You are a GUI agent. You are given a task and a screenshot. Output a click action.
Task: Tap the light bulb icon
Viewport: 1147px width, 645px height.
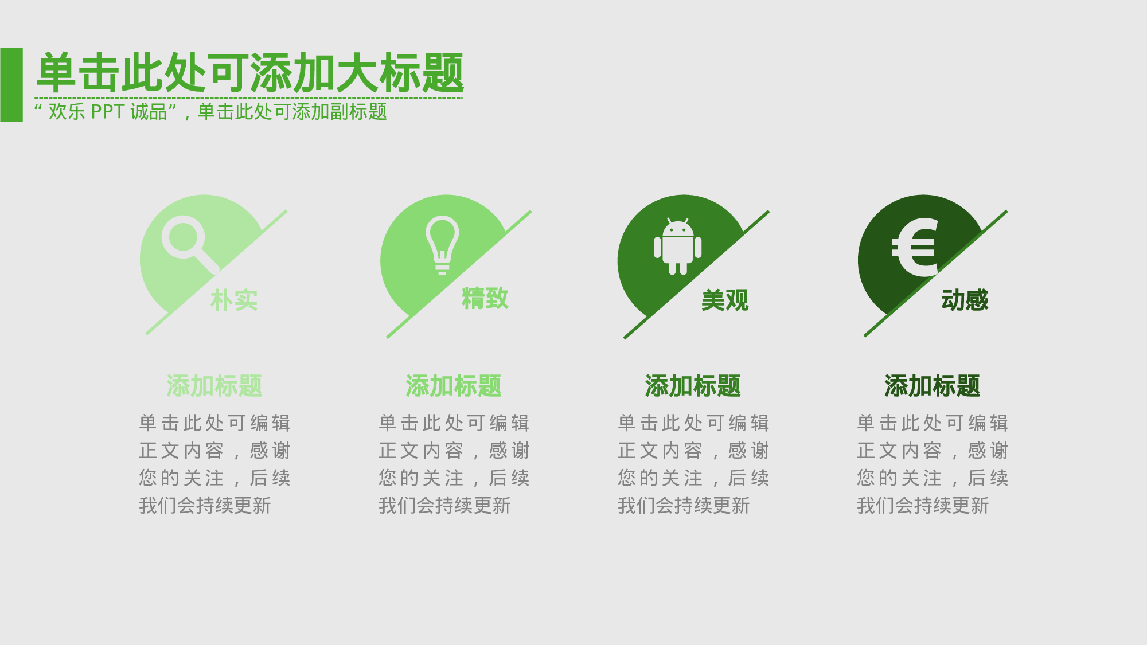[x=442, y=244]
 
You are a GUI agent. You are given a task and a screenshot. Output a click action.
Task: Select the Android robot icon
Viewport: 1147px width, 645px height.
[x=678, y=247]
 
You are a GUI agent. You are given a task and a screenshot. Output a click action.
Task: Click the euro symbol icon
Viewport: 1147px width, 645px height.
[x=915, y=247]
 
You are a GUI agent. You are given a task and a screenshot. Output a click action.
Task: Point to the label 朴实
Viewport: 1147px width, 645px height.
[x=234, y=300]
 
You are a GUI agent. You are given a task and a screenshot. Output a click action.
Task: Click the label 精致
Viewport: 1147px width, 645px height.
[x=485, y=299]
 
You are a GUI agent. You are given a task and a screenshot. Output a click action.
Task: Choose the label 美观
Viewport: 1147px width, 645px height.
[x=725, y=300]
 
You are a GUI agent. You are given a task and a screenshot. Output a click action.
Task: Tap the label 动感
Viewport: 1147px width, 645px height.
[x=965, y=300]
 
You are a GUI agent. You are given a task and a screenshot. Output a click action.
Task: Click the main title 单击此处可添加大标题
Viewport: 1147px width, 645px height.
[x=249, y=73]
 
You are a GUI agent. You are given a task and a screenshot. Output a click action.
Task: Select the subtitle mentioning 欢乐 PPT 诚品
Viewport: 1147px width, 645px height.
[x=211, y=111]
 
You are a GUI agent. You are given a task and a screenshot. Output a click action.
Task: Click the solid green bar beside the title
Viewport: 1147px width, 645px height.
[x=11, y=84]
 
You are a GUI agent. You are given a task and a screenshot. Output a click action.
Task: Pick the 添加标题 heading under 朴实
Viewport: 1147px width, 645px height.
[x=214, y=386]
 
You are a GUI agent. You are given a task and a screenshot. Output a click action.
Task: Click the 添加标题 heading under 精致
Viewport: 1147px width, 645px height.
[x=454, y=386]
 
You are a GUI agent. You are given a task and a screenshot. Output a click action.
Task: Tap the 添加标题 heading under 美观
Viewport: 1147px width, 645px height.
[x=693, y=386]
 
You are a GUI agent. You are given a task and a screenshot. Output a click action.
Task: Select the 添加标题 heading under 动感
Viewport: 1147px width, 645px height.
[x=932, y=386]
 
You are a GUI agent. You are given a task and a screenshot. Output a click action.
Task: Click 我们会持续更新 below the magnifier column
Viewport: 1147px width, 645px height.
[x=205, y=506]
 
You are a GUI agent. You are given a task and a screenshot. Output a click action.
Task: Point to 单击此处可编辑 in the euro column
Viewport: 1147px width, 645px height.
[x=933, y=423]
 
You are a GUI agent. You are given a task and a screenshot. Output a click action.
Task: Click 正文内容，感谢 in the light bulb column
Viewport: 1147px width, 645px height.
[x=454, y=451]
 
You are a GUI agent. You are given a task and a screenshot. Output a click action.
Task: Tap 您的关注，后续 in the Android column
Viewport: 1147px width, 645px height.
[x=693, y=478]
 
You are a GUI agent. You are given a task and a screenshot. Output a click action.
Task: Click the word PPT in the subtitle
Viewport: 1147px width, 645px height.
[x=107, y=111]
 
